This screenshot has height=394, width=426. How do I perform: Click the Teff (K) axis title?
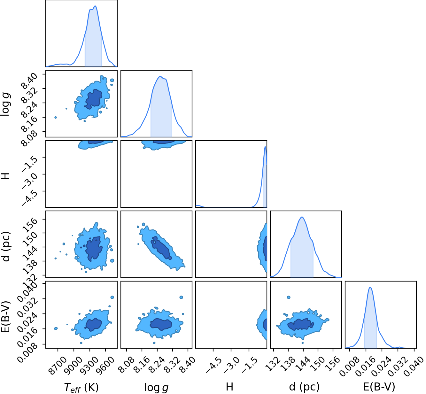click(81, 381)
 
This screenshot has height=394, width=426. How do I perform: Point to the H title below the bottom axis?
click(229, 381)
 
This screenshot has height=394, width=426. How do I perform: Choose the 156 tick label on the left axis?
click(30, 225)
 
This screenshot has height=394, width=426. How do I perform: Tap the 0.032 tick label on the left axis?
click(27, 305)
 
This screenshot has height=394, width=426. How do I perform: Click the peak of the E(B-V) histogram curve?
click(370, 287)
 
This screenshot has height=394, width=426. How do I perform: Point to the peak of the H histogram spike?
click(265, 147)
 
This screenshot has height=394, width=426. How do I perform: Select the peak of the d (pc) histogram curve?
click(302, 217)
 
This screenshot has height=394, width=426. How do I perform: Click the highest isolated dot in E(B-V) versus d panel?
click(289, 297)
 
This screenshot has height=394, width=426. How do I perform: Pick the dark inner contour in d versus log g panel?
click(161, 248)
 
